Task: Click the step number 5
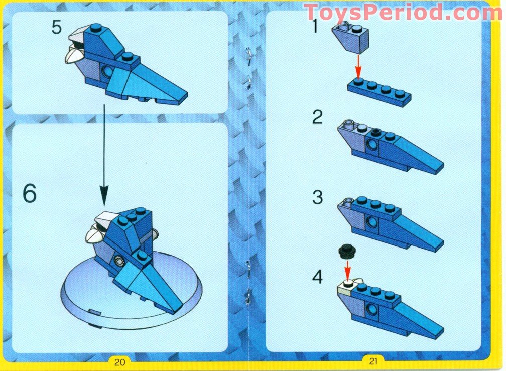click(x=56, y=27)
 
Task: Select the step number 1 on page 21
click(x=315, y=25)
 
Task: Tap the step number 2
click(x=317, y=117)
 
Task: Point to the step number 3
click(x=317, y=197)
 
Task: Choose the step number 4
click(x=317, y=277)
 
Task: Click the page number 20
click(x=119, y=360)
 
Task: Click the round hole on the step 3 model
click(x=372, y=221)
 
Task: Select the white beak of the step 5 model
click(x=76, y=50)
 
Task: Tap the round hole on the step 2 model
click(x=372, y=145)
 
